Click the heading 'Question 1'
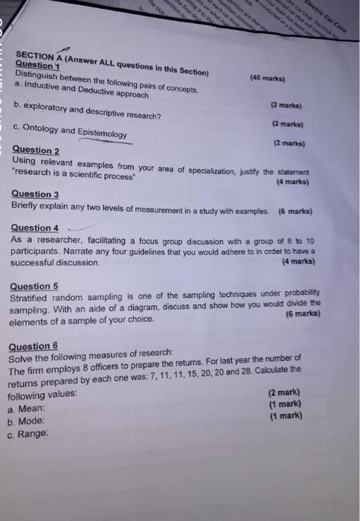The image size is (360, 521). (36, 65)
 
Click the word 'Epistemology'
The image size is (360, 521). (101, 132)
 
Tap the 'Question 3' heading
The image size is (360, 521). (35, 195)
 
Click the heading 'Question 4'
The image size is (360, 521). (35, 228)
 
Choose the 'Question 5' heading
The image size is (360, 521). (34, 286)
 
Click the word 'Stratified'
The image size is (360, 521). (33, 298)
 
